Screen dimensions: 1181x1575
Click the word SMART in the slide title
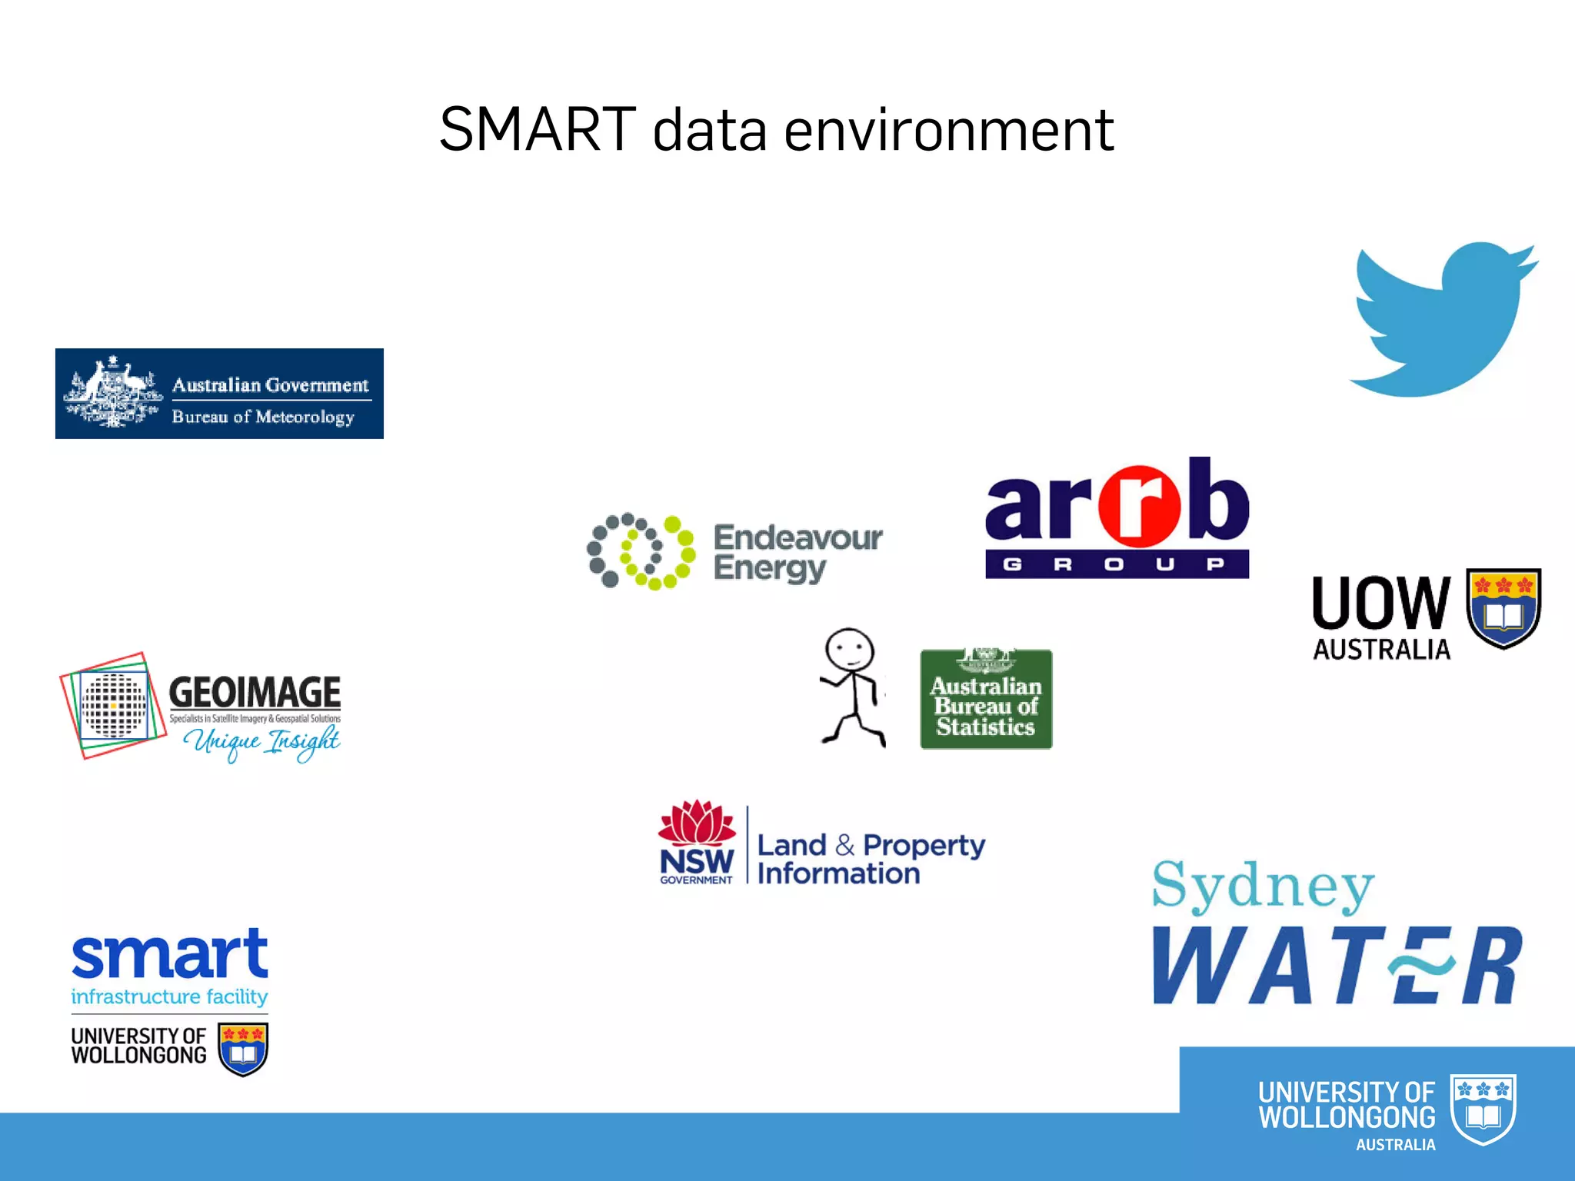point(537,129)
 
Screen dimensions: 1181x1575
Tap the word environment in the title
point(949,131)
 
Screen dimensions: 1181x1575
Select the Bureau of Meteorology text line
point(263,417)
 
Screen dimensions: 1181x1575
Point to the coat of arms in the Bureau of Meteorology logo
point(113,393)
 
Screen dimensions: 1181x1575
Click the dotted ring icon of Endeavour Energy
point(641,551)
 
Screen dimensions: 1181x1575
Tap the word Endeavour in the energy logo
point(797,537)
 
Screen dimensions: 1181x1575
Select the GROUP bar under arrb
point(1117,564)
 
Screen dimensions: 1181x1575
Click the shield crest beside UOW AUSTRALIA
point(1503,607)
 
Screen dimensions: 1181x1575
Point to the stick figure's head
point(849,650)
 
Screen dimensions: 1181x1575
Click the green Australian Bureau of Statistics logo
point(986,700)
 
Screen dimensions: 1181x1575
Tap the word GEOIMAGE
point(255,692)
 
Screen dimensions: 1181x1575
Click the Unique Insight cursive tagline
point(261,741)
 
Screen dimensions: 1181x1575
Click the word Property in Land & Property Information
point(924,845)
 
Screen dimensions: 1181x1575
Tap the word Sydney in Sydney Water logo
point(1263,887)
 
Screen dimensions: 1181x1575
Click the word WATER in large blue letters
point(1337,966)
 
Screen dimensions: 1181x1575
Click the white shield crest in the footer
point(1483,1109)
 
